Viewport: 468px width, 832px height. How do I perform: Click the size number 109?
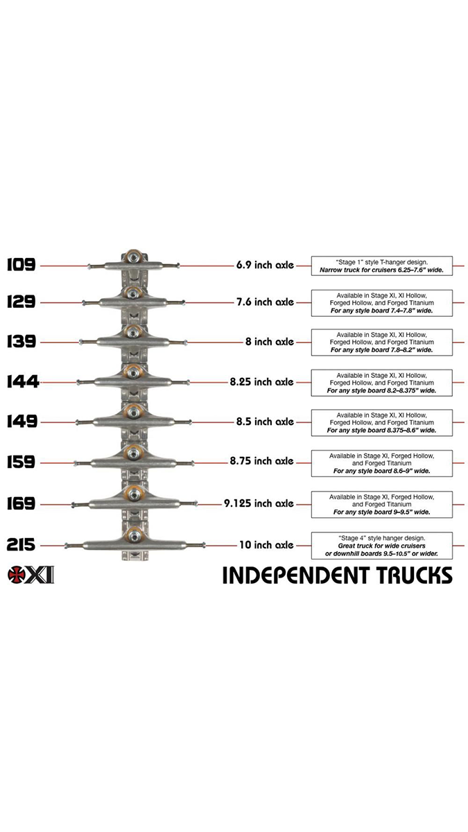click(21, 264)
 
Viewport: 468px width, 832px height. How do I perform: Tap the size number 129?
click(21, 302)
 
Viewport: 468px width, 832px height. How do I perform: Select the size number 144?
click(21, 381)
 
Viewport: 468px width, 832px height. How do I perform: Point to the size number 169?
click(21, 503)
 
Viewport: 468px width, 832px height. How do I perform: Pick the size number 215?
click(21, 545)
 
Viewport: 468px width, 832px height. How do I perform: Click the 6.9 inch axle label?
click(264, 265)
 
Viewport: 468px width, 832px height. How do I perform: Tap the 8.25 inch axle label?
click(261, 381)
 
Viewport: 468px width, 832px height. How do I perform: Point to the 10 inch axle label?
click(266, 545)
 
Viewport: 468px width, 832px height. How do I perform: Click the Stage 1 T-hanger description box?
click(382, 265)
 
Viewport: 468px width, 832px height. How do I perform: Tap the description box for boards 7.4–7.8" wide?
click(382, 303)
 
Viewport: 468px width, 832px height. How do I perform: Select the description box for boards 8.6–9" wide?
click(382, 462)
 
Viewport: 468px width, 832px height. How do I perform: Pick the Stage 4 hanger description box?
click(382, 546)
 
